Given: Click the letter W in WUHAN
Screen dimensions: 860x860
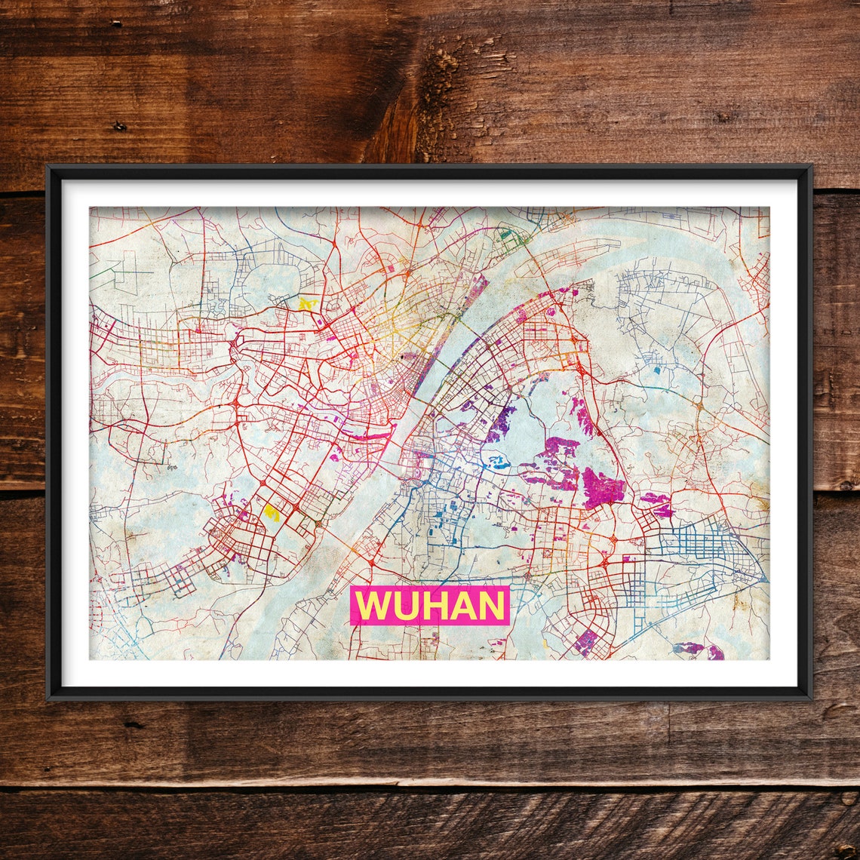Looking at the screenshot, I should point(372,606).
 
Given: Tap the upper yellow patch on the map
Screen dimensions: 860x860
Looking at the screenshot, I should point(306,303).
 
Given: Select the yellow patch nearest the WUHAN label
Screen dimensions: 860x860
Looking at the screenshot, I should point(272,513).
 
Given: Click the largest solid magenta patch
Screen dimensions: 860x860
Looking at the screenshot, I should point(602,488).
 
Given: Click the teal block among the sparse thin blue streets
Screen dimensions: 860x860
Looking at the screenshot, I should point(655,370).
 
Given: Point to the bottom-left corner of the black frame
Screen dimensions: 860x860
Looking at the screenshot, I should point(49,699).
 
